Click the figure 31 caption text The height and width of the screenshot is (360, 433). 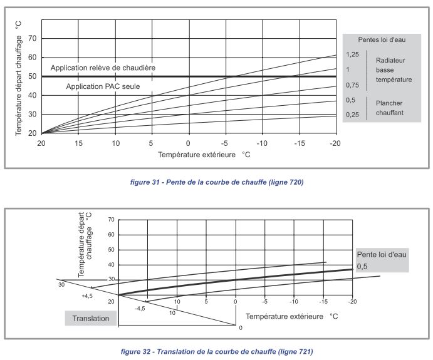216,182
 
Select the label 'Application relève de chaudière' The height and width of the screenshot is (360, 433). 103,68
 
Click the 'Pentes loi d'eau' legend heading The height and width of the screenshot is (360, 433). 382,40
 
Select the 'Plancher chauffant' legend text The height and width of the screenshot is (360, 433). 389,108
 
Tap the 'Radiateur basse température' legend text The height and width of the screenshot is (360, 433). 394,70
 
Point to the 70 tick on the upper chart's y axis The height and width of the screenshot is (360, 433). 33,38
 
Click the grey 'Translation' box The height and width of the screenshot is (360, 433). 91,318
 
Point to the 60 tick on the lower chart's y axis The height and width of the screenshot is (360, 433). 111,235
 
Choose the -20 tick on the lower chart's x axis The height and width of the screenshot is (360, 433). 352,301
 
